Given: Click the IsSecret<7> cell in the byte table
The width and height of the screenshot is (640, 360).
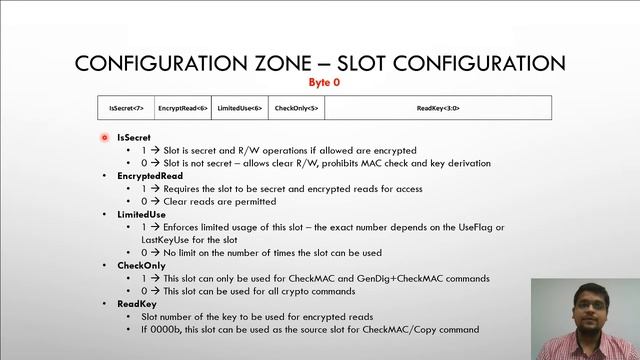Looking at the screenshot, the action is (x=126, y=108).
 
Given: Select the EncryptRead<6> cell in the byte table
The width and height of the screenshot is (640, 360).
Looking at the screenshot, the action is (x=183, y=108).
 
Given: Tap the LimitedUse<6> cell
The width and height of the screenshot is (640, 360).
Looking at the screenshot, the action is (x=240, y=108).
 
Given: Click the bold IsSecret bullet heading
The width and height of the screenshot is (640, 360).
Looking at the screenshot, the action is (x=133, y=137).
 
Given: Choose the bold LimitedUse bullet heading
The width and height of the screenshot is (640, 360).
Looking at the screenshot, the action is (x=141, y=214).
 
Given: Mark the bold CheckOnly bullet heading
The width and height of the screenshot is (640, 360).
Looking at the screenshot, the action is (x=139, y=265).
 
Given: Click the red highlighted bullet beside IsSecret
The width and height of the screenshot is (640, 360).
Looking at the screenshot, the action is (x=105, y=138).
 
